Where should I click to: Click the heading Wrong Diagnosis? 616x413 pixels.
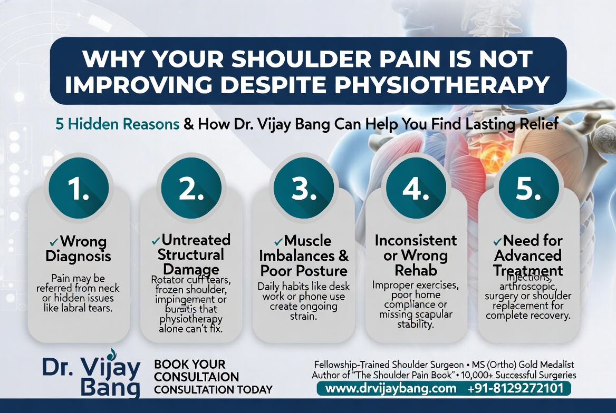tap(79, 249)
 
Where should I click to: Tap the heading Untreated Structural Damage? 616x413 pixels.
tap(191, 255)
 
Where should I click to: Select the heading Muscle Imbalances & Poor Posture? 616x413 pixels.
tap(304, 256)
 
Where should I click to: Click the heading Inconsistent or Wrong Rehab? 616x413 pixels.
tap(416, 255)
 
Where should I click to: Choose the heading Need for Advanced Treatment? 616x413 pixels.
tap(528, 255)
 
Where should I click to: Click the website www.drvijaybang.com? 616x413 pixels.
tap(391, 389)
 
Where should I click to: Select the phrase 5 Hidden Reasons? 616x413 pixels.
tap(117, 124)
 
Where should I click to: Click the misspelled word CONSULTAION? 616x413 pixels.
tap(197, 377)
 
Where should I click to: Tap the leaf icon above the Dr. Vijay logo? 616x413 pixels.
tap(111, 354)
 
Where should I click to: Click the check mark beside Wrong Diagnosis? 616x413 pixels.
tap(53, 242)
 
